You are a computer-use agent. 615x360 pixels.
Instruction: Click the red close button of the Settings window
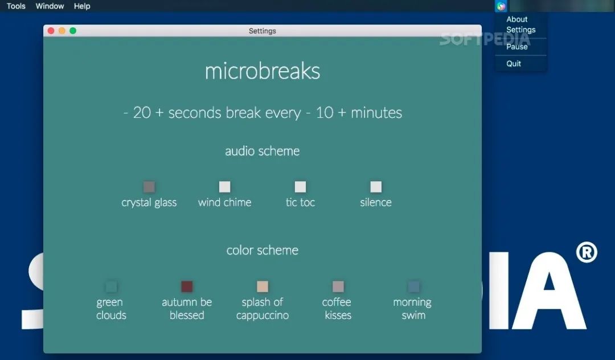click(x=51, y=31)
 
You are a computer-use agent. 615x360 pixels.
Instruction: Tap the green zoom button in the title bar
click(x=73, y=31)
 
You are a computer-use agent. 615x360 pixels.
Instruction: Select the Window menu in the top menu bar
click(x=50, y=6)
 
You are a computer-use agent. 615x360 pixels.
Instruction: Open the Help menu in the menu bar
click(x=82, y=6)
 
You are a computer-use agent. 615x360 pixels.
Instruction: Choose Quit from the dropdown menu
click(x=514, y=64)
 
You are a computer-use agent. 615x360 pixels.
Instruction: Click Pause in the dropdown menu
click(x=517, y=47)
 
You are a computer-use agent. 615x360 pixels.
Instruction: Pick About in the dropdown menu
click(x=517, y=19)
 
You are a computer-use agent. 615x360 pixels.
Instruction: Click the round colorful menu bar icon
click(x=501, y=6)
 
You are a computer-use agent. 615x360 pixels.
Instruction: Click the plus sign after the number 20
click(x=159, y=113)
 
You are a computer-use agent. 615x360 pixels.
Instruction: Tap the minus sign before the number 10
click(x=308, y=113)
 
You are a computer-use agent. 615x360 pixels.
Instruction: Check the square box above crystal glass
click(x=149, y=187)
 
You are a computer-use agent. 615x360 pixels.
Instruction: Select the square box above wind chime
click(x=225, y=187)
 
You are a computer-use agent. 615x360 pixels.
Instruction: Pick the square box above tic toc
click(x=301, y=187)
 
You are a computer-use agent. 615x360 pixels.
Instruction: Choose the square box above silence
click(x=376, y=187)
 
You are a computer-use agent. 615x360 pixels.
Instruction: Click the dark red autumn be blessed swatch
click(x=187, y=287)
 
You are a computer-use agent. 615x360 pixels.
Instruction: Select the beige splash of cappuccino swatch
click(x=263, y=287)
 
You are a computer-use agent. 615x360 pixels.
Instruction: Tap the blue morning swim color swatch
click(x=414, y=287)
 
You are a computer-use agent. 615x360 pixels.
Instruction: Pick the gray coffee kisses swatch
click(x=338, y=287)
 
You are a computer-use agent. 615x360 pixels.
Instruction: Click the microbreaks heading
click(x=263, y=71)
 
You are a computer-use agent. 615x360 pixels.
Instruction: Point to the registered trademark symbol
click(x=587, y=252)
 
